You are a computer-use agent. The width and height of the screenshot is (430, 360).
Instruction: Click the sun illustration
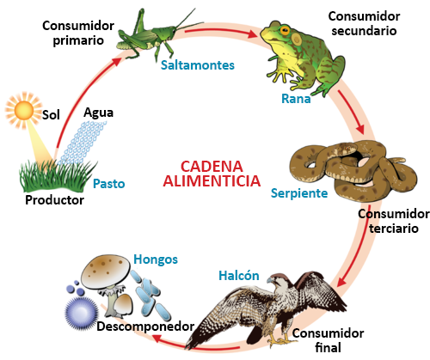(x=24, y=111)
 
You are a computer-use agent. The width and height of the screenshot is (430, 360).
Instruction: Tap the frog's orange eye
(x=285, y=29)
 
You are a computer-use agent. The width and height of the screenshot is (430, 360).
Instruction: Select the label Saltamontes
(x=198, y=65)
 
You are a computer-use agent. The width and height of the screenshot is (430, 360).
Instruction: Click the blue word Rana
(x=296, y=99)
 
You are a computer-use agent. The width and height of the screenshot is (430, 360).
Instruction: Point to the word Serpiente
(x=299, y=193)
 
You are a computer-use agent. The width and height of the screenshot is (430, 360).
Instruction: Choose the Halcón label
(x=239, y=276)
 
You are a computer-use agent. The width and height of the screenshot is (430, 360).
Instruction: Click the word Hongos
(x=156, y=259)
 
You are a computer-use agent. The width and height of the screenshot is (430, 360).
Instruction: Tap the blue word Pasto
(x=109, y=184)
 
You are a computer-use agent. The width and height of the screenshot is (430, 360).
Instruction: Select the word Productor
(x=54, y=200)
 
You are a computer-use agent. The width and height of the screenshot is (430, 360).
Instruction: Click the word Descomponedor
(x=145, y=326)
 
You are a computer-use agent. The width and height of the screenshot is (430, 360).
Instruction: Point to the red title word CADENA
(x=212, y=167)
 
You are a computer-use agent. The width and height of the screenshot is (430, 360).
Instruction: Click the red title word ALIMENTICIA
(x=212, y=181)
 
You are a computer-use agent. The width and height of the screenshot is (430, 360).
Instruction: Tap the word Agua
(x=98, y=113)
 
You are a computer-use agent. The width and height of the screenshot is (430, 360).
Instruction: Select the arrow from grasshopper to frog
(x=221, y=33)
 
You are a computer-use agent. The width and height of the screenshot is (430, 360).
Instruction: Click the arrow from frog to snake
(x=351, y=112)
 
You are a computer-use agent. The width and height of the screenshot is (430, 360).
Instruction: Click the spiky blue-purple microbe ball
(x=81, y=313)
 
